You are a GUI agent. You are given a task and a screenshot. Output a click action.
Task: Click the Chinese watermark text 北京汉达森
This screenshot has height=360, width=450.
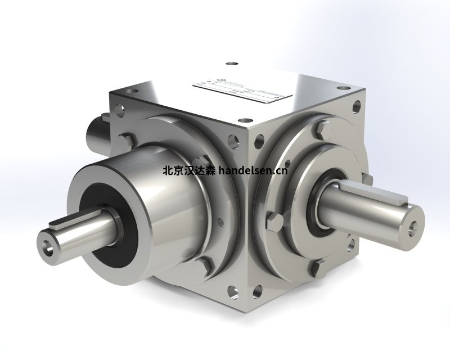point(188,169)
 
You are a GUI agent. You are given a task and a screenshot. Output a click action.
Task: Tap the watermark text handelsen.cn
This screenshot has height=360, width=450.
point(253,169)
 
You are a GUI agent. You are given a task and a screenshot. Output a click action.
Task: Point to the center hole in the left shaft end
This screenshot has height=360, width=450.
point(46,246)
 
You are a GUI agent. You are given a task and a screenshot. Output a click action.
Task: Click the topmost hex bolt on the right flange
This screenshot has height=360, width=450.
point(321,131)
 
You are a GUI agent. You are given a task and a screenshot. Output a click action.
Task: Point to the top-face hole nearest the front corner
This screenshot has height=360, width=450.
point(245,120)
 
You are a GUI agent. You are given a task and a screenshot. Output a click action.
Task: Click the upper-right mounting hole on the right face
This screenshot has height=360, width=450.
point(357,105)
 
